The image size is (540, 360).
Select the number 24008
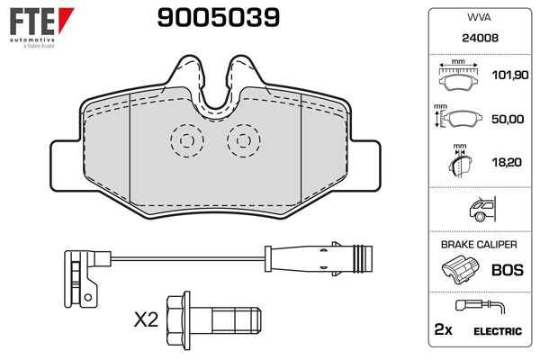[x=478, y=39]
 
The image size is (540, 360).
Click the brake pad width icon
[x=459, y=76]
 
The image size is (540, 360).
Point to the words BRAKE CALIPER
[x=478, y=245]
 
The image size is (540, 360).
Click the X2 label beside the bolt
[x=147, y=318]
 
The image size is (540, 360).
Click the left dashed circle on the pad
[x=186, y=139]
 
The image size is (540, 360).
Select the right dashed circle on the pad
[x=242, y=139]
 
